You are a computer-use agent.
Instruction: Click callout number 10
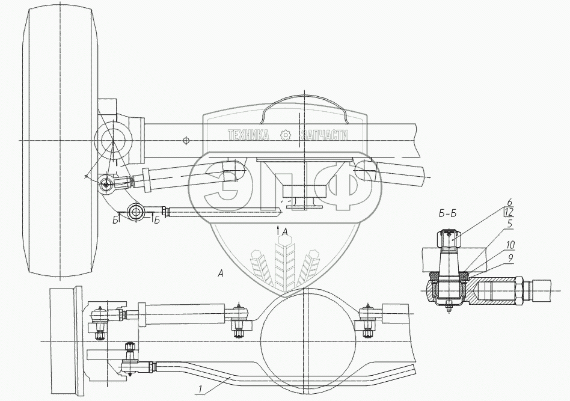(x=510, y=245)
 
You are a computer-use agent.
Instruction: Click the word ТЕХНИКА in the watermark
(x=248, y=136)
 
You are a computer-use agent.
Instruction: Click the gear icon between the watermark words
(x=286, y=136)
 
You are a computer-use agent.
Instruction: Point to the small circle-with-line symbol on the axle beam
(x=186, y=140)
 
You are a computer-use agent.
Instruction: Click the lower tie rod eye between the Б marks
(x=136, y=211)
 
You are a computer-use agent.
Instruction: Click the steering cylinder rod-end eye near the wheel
(x=106, y=184)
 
